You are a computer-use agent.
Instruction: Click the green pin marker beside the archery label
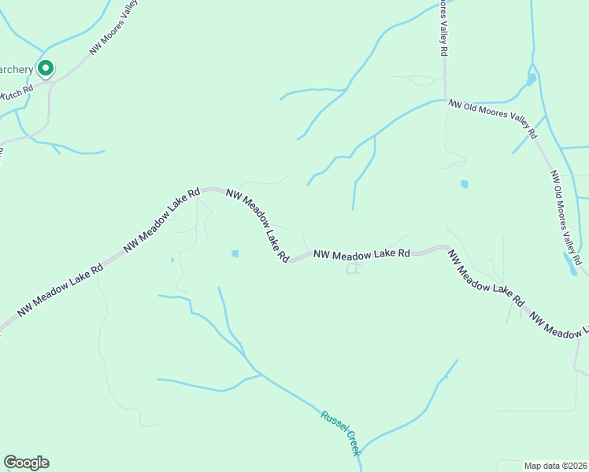click(46, 69)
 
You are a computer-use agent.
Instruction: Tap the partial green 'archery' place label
click(17, 70)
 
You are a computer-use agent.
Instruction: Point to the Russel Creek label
click(340, 432)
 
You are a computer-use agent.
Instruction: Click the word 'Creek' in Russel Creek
click(349, 442)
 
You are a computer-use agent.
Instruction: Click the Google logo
click(26, 463)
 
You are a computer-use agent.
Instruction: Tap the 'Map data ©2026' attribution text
click(555, 466)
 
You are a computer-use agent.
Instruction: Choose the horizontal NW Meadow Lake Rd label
click(361, 254)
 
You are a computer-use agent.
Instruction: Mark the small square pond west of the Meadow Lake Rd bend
click(235, 253)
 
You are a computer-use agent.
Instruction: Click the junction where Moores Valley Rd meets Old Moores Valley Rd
click(445, 100)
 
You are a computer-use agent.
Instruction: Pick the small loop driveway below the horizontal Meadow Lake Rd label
click(354, 269)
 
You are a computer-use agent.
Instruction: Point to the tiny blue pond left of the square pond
click(172, 260)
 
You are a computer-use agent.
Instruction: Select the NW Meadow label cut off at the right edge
click(560, 330)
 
